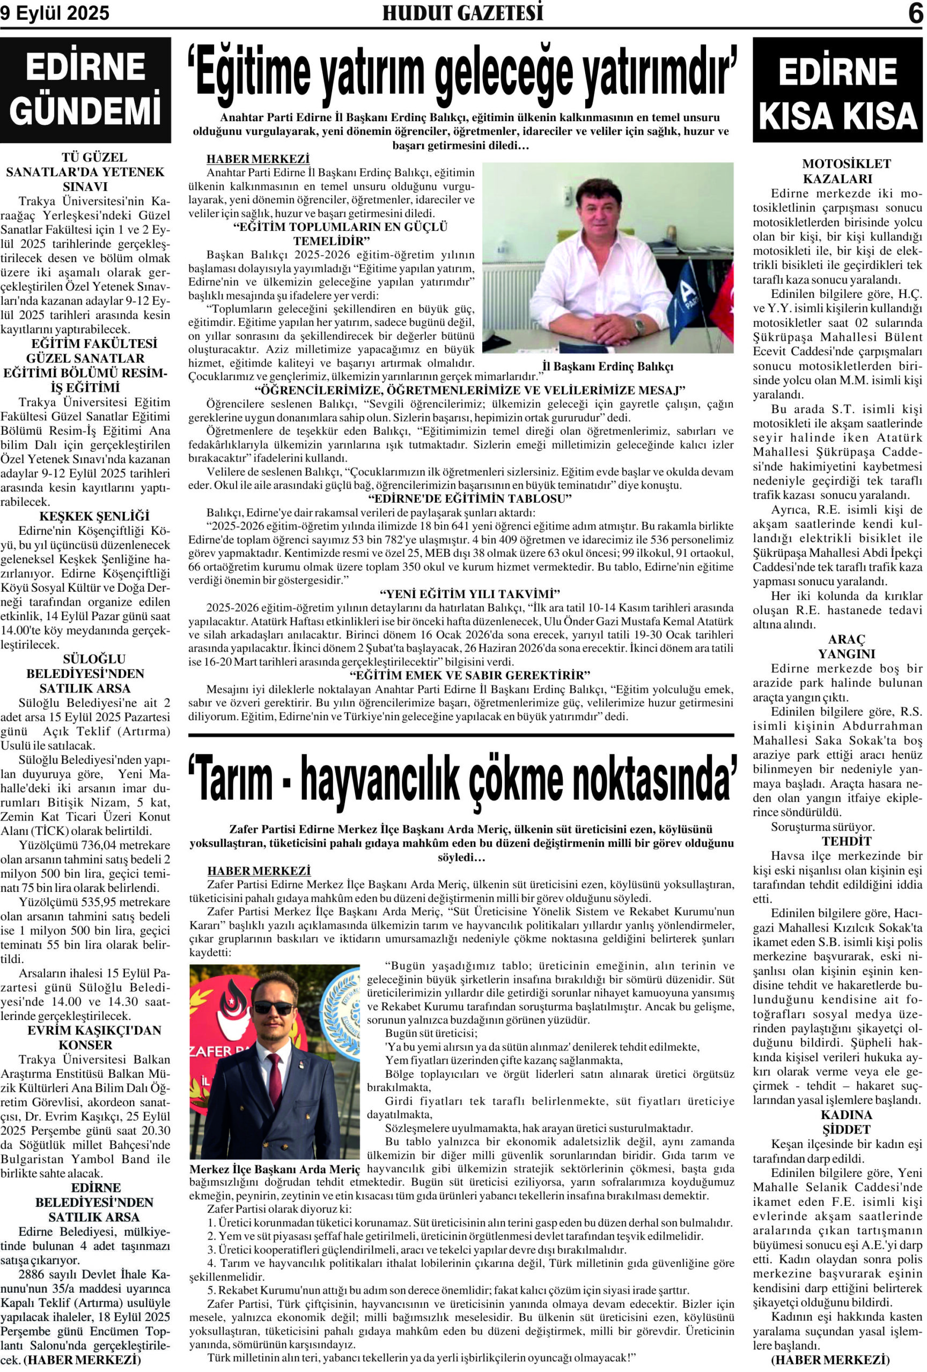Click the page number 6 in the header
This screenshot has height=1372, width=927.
coord(915,13)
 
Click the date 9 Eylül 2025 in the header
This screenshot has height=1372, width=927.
coord(55,13)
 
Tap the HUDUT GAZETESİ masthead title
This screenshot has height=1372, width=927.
coord(462,13)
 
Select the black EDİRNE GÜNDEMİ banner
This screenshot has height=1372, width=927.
coord(86,90)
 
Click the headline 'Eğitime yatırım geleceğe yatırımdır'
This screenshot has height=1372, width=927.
coord(462,76)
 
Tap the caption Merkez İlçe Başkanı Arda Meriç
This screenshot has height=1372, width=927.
coord(275,1169)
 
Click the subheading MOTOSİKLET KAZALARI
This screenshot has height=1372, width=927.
coord(837,171)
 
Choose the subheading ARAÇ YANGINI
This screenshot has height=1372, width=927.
coord(837,646)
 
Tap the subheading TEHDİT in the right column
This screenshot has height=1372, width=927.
coord(837,841)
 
